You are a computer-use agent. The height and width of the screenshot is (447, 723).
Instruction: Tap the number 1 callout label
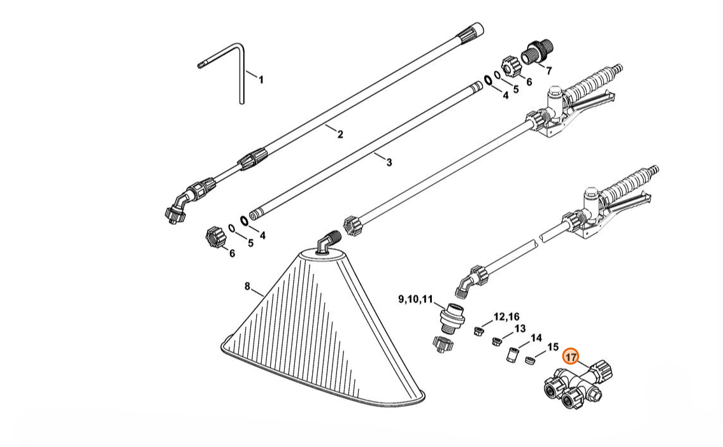tap(261, 80)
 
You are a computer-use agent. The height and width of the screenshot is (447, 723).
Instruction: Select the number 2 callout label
tap(340, 134)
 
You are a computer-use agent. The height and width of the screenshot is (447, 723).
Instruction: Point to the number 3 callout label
tap(389, 162)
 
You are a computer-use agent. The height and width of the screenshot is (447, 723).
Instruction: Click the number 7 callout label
tap(548, 71)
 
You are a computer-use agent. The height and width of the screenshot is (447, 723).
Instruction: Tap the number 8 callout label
tap(247, 287)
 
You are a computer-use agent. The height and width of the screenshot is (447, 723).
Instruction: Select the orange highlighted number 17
tap(571, 357)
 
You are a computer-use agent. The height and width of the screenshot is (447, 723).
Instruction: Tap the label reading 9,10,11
tap(415, 299)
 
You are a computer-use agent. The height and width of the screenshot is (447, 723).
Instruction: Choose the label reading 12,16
tap(506, 316)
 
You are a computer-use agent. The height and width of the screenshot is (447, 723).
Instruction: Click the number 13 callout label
tap(520, 329)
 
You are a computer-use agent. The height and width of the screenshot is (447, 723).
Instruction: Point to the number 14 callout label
tap(536, 338)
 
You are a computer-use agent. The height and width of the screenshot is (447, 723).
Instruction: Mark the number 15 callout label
tap(552, 347)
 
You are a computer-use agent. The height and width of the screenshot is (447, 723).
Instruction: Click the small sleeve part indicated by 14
tap(512, 355)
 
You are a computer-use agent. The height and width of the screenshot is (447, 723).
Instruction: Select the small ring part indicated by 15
tap(529, 359)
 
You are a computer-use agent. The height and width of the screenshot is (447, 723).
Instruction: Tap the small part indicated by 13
tap(497, 341)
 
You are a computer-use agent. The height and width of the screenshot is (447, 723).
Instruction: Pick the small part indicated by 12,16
tap(478, 330)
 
